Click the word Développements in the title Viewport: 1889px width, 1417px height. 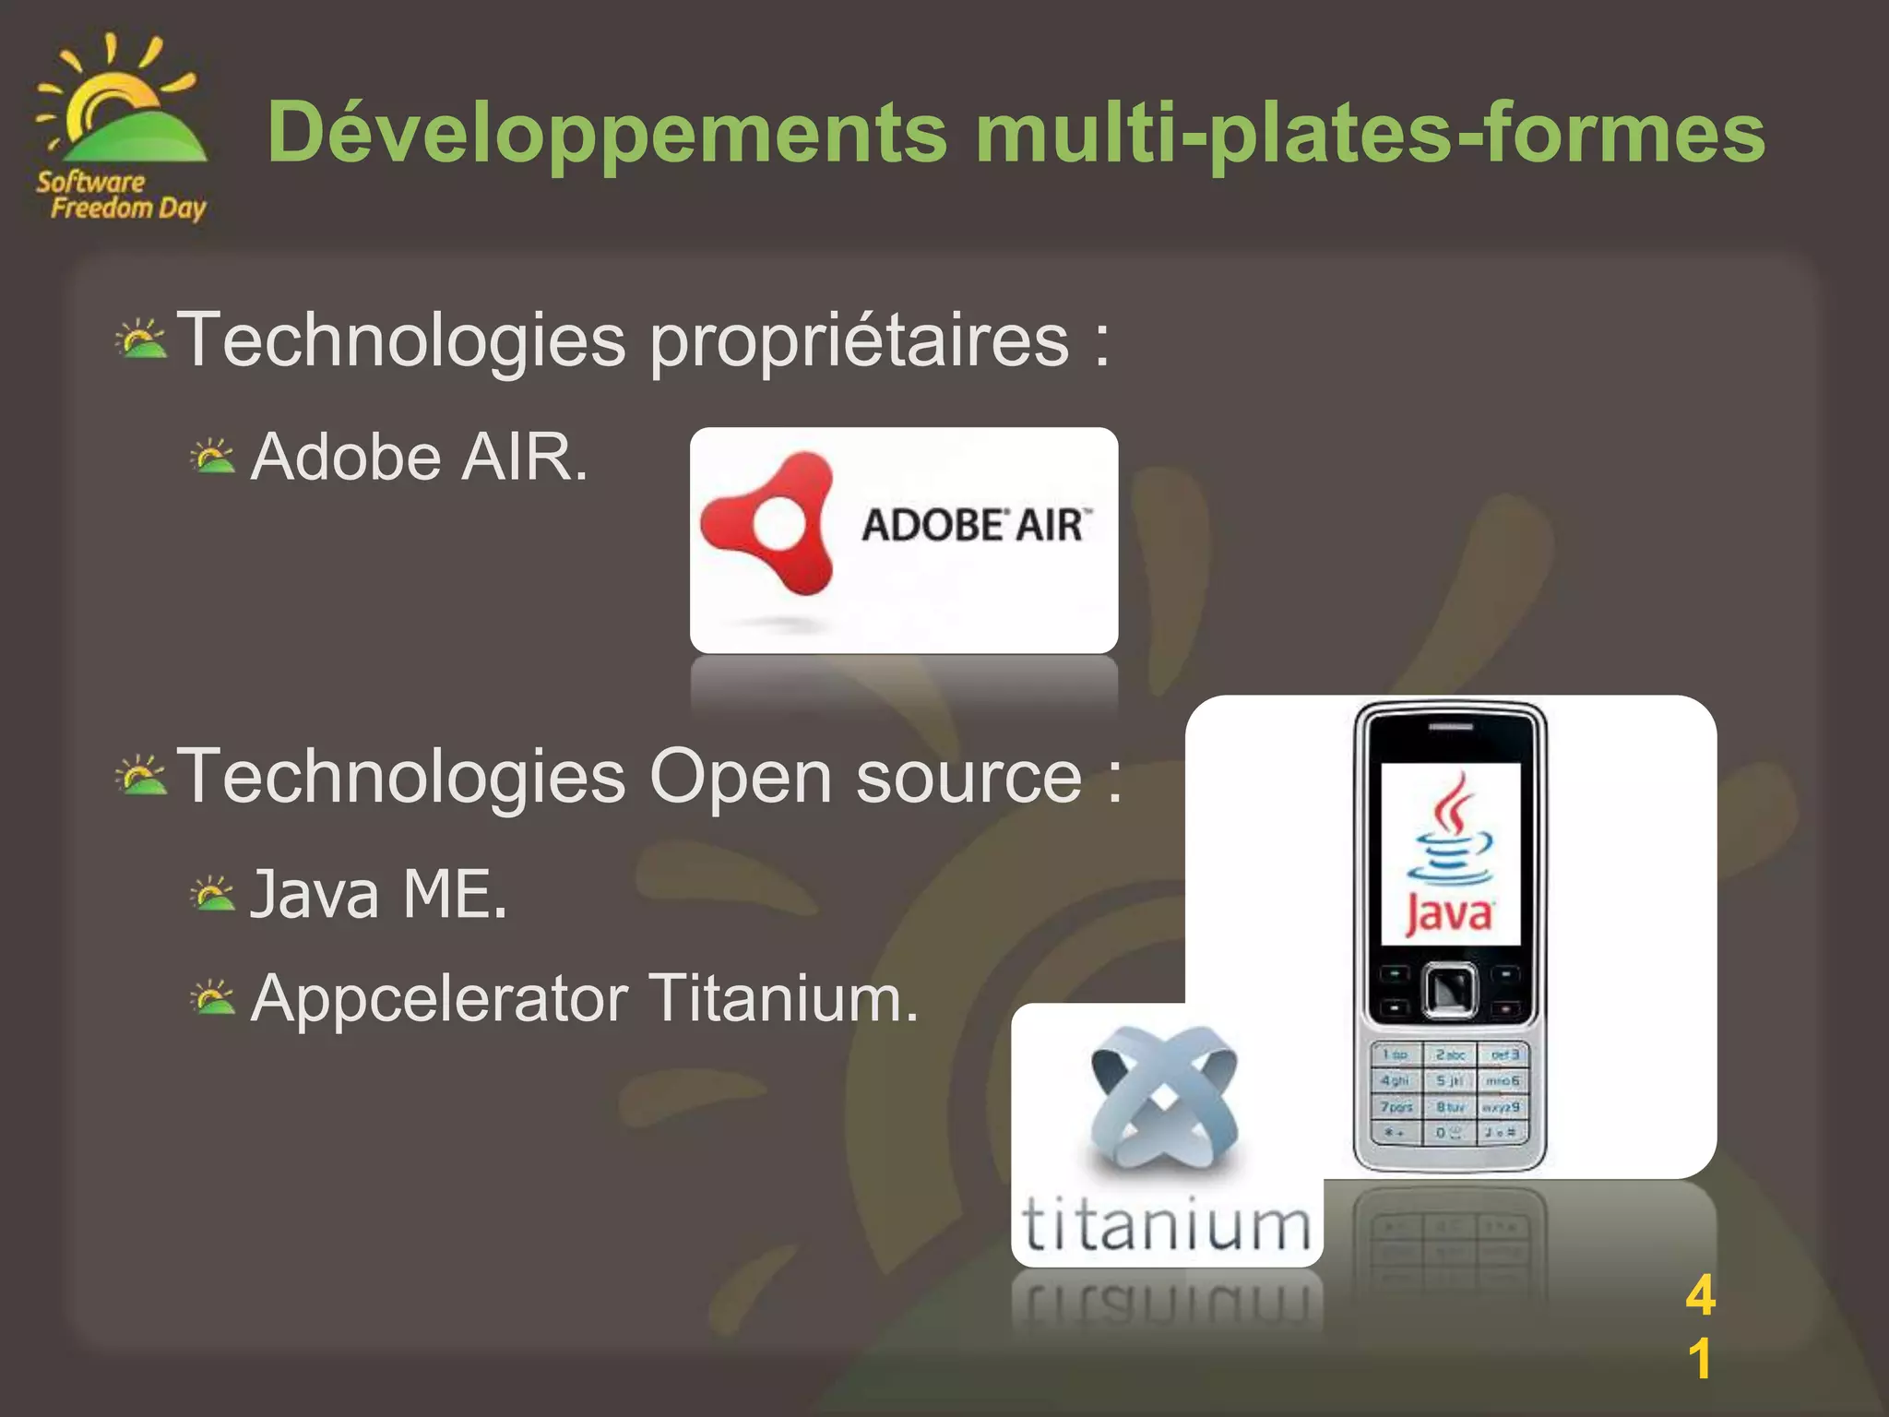pyautogui.click(x=606, y=133)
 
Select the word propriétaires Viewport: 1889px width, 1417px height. pyautogui.click(x=859, y=342)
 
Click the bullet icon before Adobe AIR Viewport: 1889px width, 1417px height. pyautogui.click(x=213, y=458)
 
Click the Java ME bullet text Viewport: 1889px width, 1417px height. pyautogui.click(x=378, y=895)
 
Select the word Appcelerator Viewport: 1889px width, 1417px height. pyautogui.click(x=439, y=999)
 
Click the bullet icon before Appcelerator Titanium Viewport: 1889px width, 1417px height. pyautogui.click(x=213, y=998)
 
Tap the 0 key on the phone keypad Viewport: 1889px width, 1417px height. pyautogui.click(x=1449, y=1132)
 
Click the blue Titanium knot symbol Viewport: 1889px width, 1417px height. pyautogui.click(x=1164, y=1097)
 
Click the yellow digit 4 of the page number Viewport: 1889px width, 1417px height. pyautogui.click(x=1700, y=1295)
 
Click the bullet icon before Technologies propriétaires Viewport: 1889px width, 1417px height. pyautogui.click(x=141, y=340)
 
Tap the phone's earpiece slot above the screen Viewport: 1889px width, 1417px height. pyautogui.click(x=1450, y=727)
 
